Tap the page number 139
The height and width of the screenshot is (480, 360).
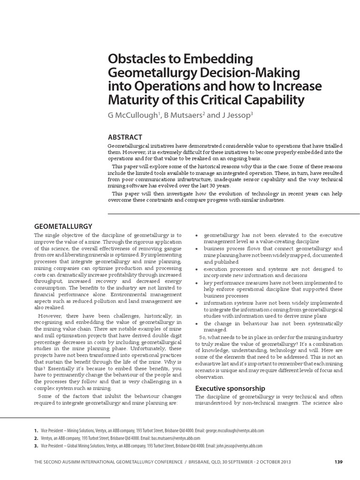pyautogui.click(x=339, y=462)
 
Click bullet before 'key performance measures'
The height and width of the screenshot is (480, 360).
pyautogui.click(x=198, y=284)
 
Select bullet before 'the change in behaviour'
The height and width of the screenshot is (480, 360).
pyautogui.click(x=198, y=324)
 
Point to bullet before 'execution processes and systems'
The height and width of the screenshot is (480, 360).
pyautogui.click(x=198, y=270)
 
